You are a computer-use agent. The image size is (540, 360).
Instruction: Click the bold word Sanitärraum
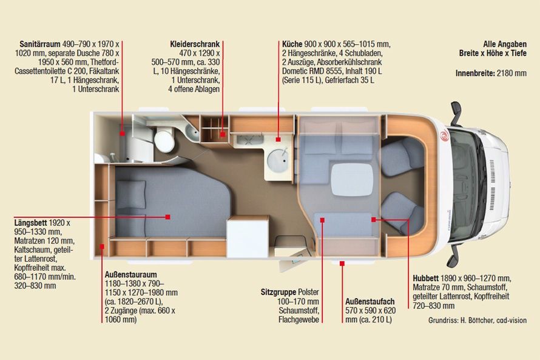(x=40, y=44)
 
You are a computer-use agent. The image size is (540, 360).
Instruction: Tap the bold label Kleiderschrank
(x=195, y=44)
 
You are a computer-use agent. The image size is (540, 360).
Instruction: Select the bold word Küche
(x=292, y=44)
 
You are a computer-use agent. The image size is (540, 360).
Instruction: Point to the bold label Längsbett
(x=30, y=223)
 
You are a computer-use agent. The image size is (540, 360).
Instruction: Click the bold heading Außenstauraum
(x=131, y=274)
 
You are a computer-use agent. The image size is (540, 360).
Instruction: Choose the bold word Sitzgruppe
(x=278, y=292)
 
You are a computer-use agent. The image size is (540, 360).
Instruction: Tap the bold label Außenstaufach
(x=370, y=302)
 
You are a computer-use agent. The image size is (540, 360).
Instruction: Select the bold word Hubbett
(x=426, y=279)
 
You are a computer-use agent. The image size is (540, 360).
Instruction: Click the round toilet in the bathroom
(x=164, y=140)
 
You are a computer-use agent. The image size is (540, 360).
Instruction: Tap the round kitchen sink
(x=277, y=160)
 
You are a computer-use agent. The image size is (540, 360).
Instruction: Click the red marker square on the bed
(x=167, y=217)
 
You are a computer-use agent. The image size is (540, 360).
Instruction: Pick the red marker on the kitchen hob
(x=278, y=140)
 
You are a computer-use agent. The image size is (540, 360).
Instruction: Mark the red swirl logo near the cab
(x=444, y=136)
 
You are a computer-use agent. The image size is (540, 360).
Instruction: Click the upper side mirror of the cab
(x=456, y=113)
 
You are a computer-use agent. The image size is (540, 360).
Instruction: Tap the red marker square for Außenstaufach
(x=342, y=263)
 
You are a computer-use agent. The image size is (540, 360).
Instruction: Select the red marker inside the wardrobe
(x=223, y=134)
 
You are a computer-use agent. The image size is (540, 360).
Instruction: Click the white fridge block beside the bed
(x=248, y=237)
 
